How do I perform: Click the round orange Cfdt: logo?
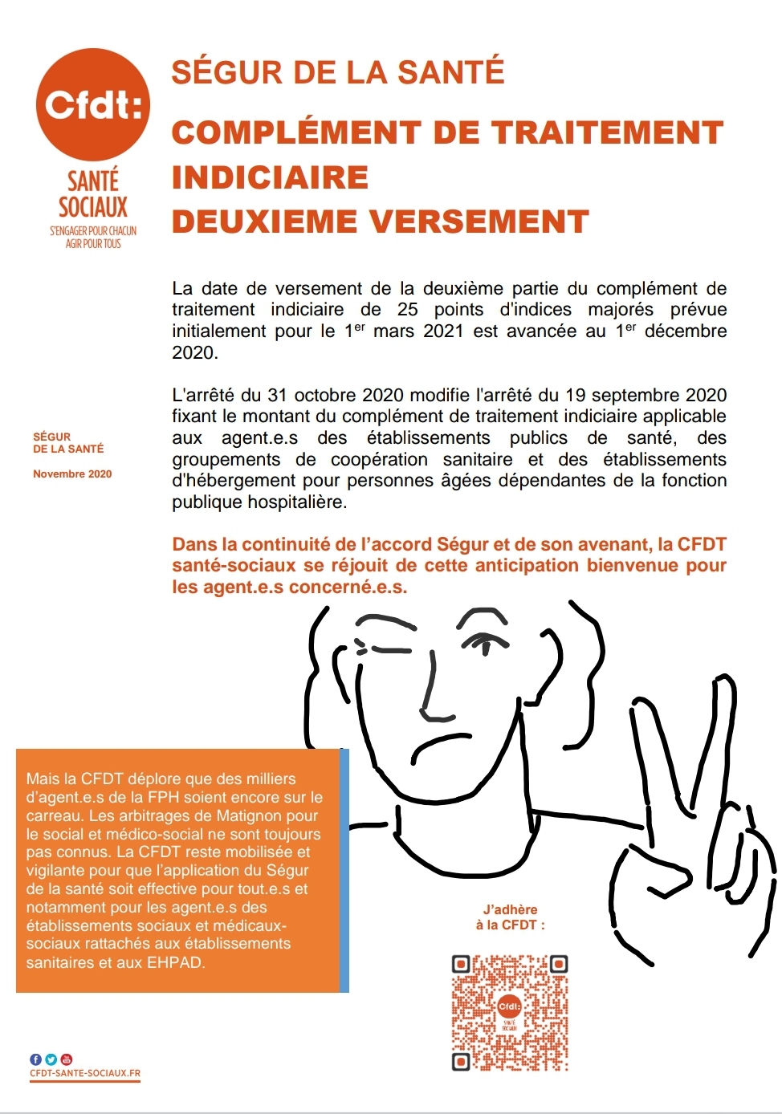92,104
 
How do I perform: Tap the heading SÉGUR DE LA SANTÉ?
338,72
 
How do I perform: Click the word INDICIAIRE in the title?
270,177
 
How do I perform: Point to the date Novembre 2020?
72,474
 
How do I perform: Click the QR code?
510,1013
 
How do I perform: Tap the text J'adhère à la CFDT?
511,917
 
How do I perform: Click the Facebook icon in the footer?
35,1059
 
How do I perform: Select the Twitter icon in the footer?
51,1059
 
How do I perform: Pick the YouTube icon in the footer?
66,1059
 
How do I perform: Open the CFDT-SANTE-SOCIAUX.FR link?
85,1073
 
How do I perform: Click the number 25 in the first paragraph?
408,310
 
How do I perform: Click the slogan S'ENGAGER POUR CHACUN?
93,231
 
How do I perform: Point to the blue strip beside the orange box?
344,871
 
